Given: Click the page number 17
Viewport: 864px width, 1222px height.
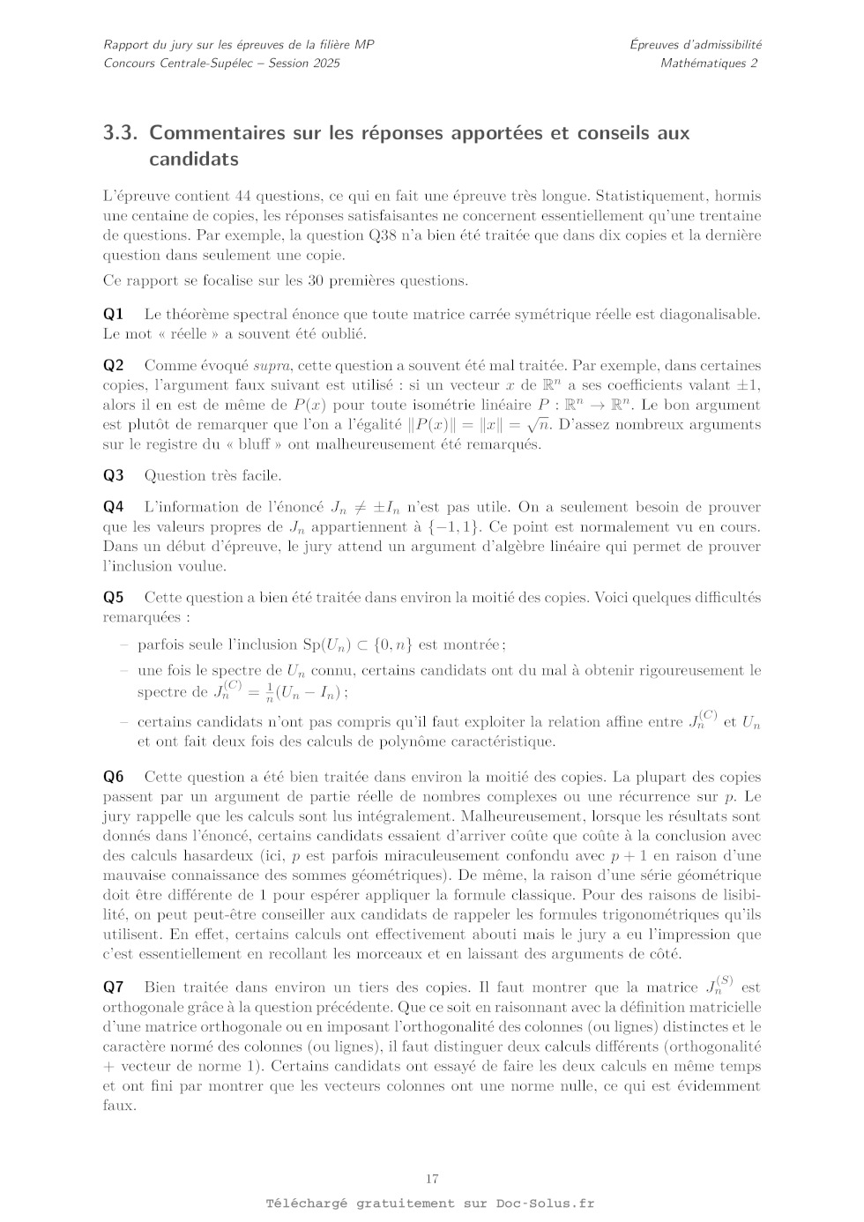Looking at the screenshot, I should [x=432, y=1179].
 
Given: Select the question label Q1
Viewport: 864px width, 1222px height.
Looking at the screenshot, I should [x=113, y=314].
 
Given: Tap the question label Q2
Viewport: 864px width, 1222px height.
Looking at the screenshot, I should [x=113, y=365].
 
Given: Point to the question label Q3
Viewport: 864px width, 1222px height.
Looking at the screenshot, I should [x=113, y=475].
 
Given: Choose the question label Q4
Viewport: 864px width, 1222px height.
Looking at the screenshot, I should [x=113, y=506].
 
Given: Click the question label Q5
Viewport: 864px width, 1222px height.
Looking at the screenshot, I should [x=113, y=597].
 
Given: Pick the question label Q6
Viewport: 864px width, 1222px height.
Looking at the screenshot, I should [x=113, y=776].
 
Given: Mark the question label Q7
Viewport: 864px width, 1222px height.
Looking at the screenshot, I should [x=113, y=987].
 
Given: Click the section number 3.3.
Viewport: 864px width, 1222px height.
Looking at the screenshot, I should [x=122, y=133].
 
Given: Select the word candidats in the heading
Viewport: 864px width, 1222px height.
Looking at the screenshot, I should [x=194, y=160].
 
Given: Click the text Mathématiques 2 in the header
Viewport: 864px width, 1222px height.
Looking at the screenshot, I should [x=709, y=63].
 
